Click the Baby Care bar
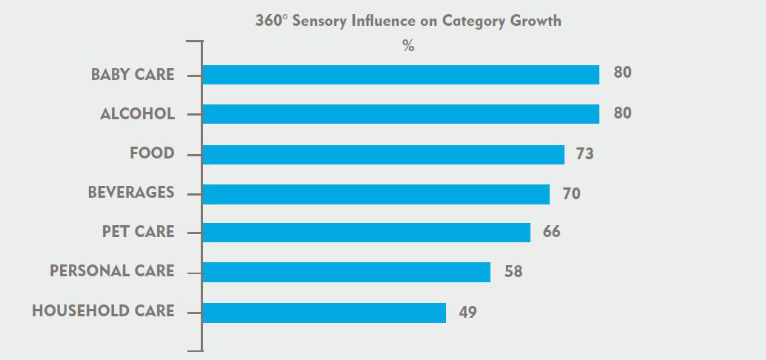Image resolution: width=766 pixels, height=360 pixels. click(x=400, y=75)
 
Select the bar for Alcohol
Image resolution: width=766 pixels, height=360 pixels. click(x=400, y=114)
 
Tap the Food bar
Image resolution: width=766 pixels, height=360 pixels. click(x=383, y=154)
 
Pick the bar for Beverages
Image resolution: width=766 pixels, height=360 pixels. click(x=376, y=194)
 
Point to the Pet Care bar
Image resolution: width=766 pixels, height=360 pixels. click(x=366, y=233)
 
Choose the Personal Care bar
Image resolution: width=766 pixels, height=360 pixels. click(x=346, y=272)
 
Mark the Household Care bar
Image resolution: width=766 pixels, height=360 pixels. click(x=324, y=313)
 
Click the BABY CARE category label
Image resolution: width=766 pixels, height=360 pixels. click(x=133, y=75)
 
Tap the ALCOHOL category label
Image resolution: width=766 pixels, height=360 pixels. click(x=137, y=114)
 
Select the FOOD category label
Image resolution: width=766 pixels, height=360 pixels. click(x=152, y=153)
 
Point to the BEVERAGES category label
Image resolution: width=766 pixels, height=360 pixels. click(x=131, y=193)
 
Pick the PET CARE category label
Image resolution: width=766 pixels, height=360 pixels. click(x=138, y=232)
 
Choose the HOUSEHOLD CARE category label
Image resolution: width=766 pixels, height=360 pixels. click(x=103, y=311)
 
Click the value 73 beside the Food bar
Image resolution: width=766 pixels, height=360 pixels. click(x=585, y=154)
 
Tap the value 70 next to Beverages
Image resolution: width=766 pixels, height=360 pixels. click(x=571, y=194)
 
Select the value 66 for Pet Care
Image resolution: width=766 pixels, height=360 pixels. click(x=551, y=232)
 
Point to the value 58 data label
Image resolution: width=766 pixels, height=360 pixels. click(x=513, y=272)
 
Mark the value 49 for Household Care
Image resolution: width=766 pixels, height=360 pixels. click(x=467, y=313)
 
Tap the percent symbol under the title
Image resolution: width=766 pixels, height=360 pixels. click(x=408, y=46)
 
